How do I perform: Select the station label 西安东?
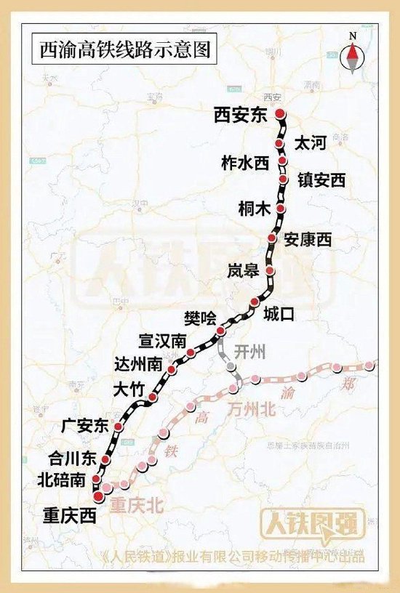tap(241, 114)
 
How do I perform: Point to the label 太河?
tap(309, 142)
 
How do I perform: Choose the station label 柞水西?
tap(244, 164)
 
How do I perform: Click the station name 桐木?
tap(255, 209)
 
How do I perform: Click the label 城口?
tap(279, 314)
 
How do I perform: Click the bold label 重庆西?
tap(69, 515)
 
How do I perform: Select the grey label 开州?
tap(251, 352)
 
